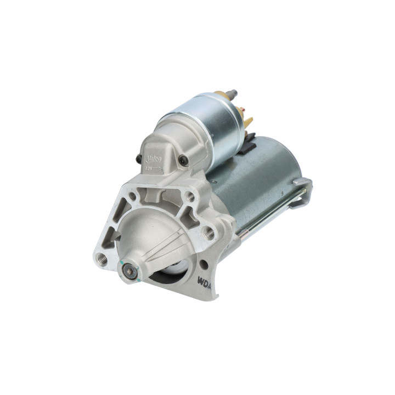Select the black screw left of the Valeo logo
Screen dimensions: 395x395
coord(139,159)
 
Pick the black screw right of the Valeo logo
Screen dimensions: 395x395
coord(183,160)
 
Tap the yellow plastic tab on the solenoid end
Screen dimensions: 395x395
coord(249,122)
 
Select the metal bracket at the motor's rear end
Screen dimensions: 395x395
coord(302,189)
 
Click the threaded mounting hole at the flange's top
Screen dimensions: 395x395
coord(190,195)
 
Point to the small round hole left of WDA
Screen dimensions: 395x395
coord(203,264)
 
